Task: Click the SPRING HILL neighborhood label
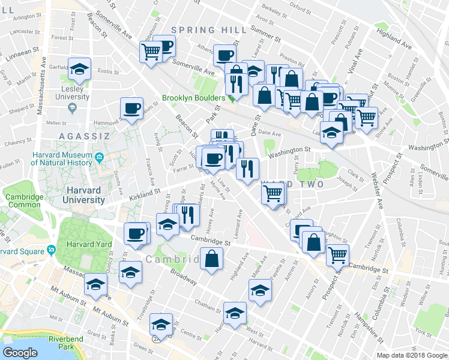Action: [209, 30]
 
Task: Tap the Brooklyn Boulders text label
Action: [193, 98]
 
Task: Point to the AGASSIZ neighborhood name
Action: [84, 136]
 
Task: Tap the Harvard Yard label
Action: [89, 244]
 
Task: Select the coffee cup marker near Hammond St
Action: [132, 108]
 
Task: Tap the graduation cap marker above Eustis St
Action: [79, 68]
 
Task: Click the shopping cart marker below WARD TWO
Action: [273, 193]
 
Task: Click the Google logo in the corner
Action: [20, 353]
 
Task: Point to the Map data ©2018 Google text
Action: [413, 355]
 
